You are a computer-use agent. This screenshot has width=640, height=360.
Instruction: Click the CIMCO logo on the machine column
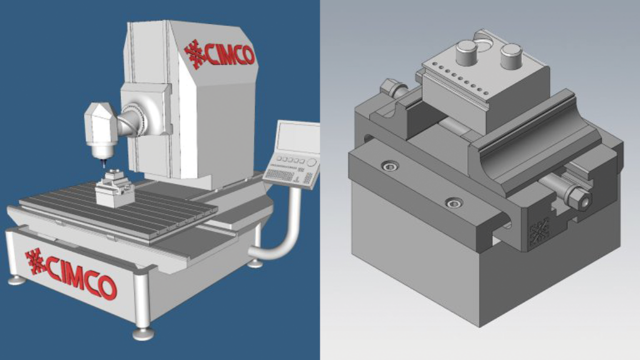219,54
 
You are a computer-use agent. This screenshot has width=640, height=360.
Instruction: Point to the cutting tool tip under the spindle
103,164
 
